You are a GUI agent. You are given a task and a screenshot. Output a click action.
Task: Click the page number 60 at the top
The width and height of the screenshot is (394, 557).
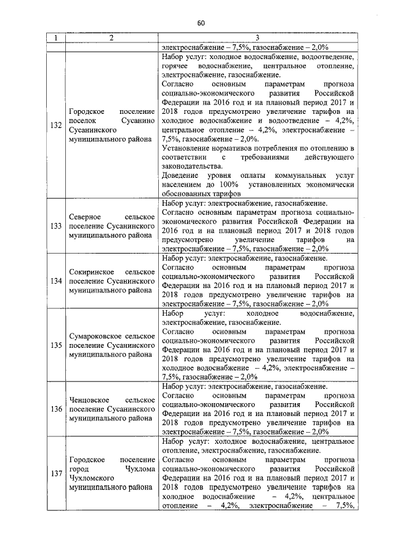(x=201, y=23)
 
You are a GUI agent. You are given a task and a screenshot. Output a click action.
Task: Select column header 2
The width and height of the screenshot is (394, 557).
(x=111, y=39)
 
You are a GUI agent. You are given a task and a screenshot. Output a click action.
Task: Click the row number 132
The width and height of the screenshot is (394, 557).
(x=55, y=126)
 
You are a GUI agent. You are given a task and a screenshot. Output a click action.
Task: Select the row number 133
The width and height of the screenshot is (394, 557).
(x=55, y=226)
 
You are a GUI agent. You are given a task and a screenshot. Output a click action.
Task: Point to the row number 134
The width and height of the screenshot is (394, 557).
(x=55, y=281)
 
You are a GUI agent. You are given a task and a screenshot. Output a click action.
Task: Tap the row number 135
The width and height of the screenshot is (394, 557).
(x=55, y=345)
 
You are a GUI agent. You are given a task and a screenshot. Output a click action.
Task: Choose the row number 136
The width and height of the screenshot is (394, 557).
(x=55, y=409)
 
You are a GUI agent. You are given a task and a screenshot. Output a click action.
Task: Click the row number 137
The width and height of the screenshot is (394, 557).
(x=55, y=473)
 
